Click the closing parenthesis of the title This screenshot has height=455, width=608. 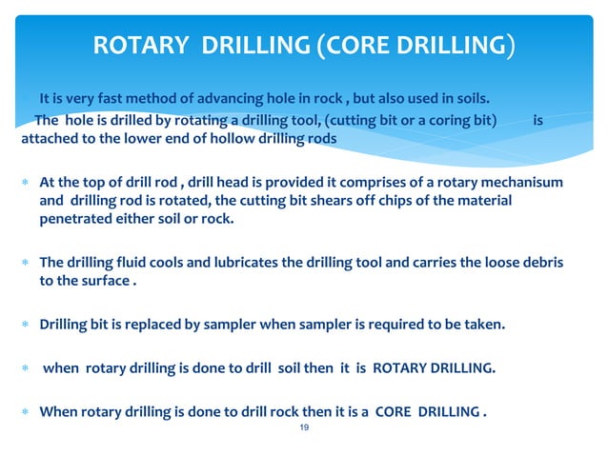pos(512,46)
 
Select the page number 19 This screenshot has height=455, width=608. pos(305,430)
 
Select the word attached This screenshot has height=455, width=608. pos(48,139)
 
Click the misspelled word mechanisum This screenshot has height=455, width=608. pos(518,183)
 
